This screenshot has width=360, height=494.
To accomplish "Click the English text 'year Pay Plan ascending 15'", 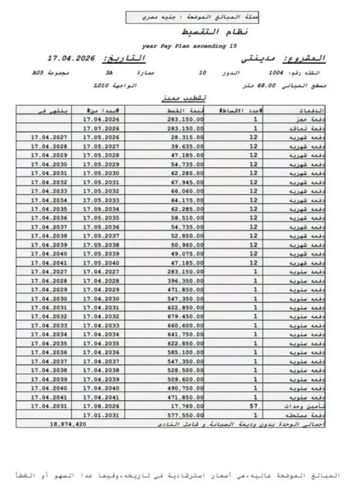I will (190, 46).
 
